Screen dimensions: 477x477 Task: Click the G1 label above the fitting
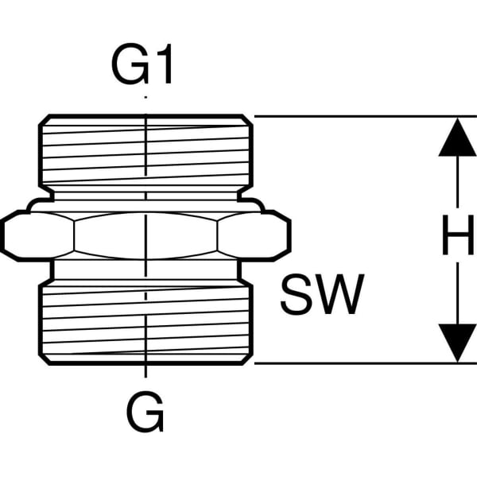(x=142, y=64)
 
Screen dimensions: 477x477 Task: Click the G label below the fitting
(x=145, y=412)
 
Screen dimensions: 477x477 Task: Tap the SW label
(x=322, y=294)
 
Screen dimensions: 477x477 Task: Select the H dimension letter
(x=458, y=235)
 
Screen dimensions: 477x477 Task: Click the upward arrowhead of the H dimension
(x=457, y=138)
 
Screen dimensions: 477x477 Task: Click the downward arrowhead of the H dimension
(x=457, y=343)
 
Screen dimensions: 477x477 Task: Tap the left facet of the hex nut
(x=38, y=236)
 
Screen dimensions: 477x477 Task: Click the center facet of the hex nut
(x=145, y=236)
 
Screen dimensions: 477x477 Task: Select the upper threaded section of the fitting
(x=145, y=150)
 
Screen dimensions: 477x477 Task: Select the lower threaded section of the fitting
(x=145, y=323)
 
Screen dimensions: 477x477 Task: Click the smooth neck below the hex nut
(x=145, y=270)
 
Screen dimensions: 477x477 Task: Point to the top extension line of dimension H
(x=366, y=116)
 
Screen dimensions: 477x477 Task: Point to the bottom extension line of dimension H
(x=366, y=363)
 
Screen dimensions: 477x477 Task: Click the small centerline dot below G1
(x=145, y=97)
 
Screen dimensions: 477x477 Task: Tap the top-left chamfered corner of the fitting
(x=44, y=120)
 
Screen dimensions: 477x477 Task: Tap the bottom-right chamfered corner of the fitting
(x=247, y=359)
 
